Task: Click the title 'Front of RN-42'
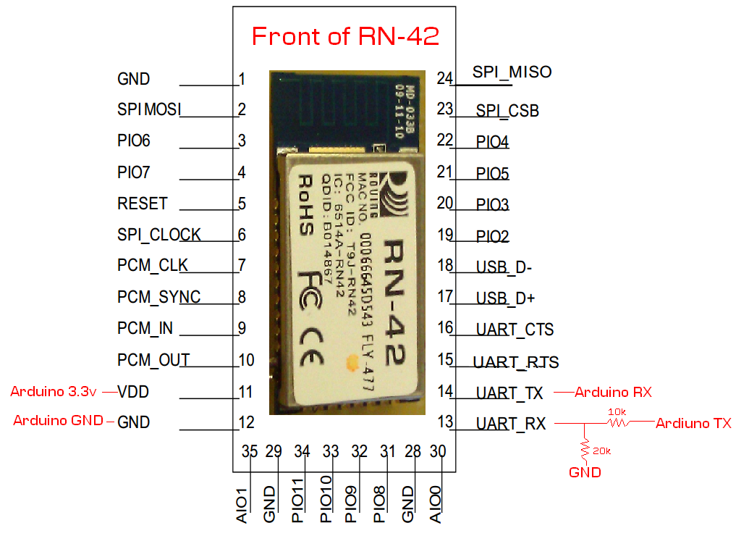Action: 345,35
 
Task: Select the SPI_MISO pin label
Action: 512,72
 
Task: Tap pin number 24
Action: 444,78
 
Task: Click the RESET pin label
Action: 142,204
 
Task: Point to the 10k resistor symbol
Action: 617,423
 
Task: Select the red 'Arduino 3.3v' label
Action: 54,392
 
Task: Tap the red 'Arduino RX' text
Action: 613,392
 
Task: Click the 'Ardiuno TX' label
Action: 693,423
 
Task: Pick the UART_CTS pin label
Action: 515,330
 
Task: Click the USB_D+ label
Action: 505,298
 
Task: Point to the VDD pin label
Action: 133,392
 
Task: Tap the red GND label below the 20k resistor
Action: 585,472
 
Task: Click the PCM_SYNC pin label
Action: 158,297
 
